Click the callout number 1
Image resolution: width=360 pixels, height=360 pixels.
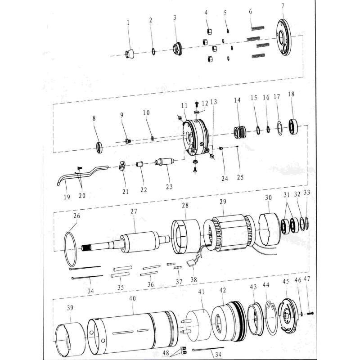128,22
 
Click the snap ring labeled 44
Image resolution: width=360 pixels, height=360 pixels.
270,319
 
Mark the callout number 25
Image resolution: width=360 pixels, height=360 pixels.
240,177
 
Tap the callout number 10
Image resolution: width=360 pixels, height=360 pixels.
146,112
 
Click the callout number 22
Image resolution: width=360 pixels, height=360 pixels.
144,189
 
